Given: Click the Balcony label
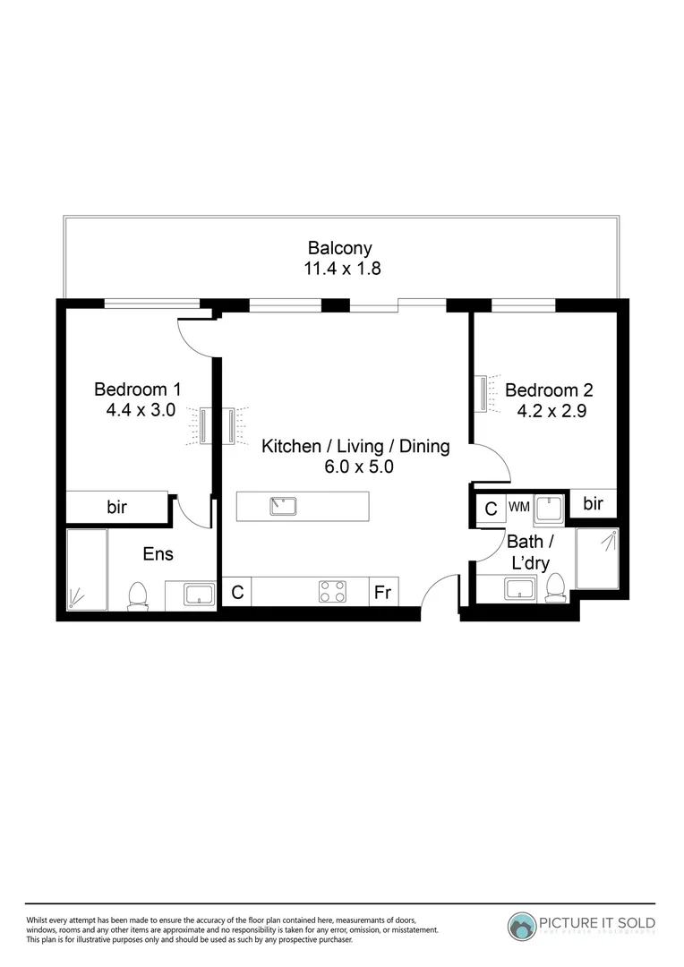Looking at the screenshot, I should (x=339, y=248).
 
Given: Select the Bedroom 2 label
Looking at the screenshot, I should (x=549, y=390).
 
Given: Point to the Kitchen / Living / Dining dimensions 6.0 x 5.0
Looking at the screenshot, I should (x=355, y=466).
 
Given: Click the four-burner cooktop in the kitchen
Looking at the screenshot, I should (x=333, y=592).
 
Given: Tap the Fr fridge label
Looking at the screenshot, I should (x=383, y=593).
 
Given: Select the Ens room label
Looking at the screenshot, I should (x=158, y=554).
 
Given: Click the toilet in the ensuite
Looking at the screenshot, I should (x=138, y=595).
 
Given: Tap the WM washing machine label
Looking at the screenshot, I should (x=518, y=507).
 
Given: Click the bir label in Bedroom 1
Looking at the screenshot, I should (x=117, y=508).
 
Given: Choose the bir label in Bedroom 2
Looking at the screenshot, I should (x=593, y=504).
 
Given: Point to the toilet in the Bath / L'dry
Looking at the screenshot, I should (x=555, y=587).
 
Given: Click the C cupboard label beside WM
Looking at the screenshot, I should (x=491, y=509).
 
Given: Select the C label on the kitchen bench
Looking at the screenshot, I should (x=237, y=593).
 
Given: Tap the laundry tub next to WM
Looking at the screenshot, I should (x=549, y=507).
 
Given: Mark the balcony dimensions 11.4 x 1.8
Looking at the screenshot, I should (x=343, y=268).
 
